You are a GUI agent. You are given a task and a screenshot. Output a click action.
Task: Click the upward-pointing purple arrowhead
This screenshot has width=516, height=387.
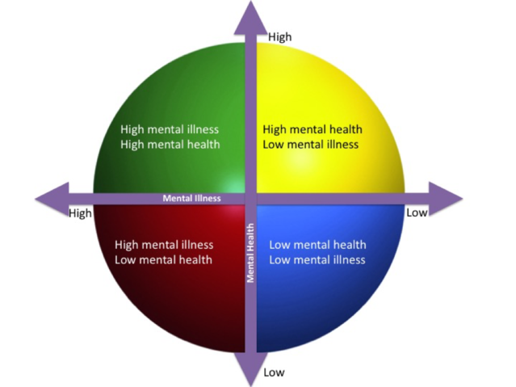click(x=251, y=18)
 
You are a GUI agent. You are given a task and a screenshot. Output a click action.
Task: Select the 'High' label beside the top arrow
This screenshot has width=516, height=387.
click(x=279, y=36)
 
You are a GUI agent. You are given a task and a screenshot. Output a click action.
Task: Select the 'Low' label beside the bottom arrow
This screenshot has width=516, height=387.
click(x=274, y=372)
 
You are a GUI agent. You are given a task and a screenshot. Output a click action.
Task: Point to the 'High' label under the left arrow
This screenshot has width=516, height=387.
click(x=81, y=213)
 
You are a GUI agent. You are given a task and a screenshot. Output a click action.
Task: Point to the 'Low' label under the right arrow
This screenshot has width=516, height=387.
click(x=417, y=212)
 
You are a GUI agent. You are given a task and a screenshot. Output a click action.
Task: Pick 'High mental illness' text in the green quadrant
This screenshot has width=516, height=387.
click(x=170, y=129)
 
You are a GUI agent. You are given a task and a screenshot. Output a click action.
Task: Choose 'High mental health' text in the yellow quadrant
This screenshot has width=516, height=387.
click(x=313, y=129)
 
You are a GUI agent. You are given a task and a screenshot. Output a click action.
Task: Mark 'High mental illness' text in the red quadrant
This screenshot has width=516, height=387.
click(x=164, y=245)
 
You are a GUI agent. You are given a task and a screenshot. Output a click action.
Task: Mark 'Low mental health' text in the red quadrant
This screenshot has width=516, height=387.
click(x=164, y=259)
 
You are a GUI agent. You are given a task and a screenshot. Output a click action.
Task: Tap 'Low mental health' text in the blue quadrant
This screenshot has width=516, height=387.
click(x=317, y=245)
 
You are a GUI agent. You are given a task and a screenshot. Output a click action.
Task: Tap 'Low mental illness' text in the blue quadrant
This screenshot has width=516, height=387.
click(x=317, y=259)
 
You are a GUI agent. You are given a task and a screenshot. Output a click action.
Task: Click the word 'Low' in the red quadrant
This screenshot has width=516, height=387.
click(x=127, y=259)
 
